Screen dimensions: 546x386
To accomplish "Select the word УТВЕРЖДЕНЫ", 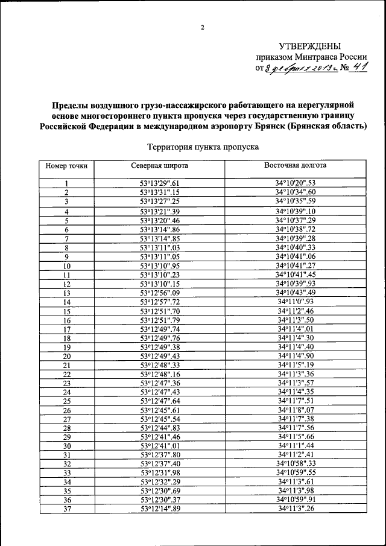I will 309,46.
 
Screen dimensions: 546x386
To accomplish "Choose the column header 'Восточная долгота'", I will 296,165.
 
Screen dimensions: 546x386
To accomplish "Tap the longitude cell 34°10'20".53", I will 296,183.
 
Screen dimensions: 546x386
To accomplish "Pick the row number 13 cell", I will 67,293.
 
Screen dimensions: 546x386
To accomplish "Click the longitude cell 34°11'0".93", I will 296,302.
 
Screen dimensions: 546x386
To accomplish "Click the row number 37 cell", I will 67,510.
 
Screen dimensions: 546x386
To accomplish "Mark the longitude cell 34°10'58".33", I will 296,465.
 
